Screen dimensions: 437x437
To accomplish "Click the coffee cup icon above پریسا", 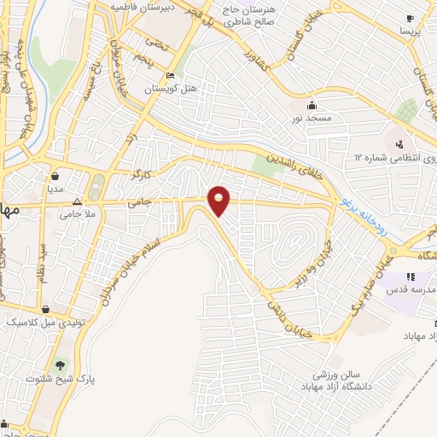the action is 410,19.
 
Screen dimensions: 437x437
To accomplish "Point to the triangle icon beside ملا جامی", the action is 78,202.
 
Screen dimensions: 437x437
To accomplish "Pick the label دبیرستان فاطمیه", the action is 143,6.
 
